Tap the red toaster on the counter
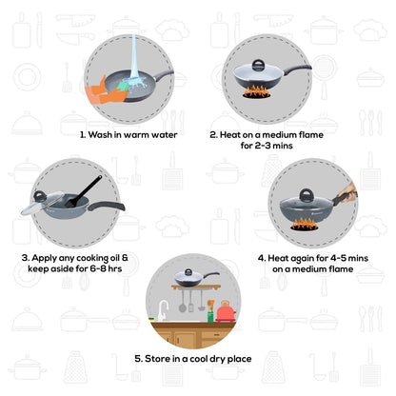pyautogui.click(x=225, y=311)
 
